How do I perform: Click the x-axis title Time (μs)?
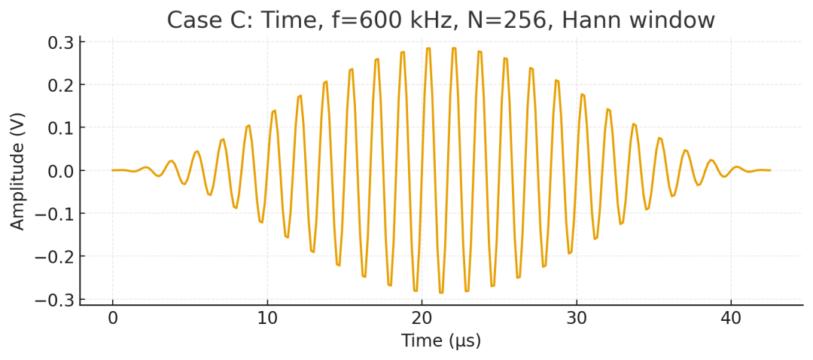coord(441,341)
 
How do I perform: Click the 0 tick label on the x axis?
coord(113,319)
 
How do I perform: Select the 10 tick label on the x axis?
coord(267,319)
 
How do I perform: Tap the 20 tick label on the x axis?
coord(422,319)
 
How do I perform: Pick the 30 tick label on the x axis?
coord(577,319)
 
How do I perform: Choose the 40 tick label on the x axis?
coord(731,319)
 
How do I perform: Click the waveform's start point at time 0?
coord(113,170)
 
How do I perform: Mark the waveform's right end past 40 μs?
coord(770,170)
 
